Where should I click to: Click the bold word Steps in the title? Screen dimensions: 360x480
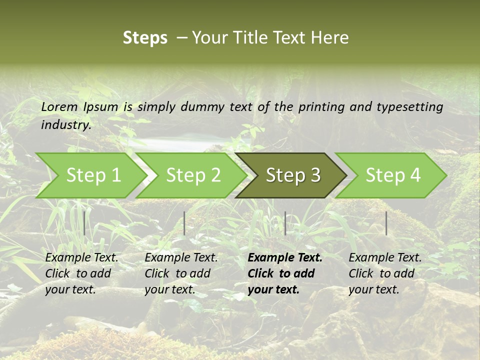pyautogui.click(x=145, y=38)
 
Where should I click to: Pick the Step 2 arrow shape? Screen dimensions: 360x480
pyautogui.click(x=193, y=175)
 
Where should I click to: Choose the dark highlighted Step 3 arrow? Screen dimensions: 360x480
pyautogui.click(x=293, y=175)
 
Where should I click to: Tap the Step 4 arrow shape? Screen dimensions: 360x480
pyautogui.click(x=393, y=175)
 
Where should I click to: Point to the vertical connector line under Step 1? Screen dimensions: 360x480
pyautogui.click(x=84, y=223)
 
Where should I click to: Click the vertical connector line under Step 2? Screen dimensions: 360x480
pyautogui.click(x=184, y=223)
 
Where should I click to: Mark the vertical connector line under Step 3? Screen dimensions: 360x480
pyautogui.click(x=285, y=223)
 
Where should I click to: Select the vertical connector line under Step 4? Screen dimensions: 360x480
pyautogui.click(x=386, y=223)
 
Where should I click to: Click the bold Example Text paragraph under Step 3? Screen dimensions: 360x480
pyautogui.click(x=284, y=273)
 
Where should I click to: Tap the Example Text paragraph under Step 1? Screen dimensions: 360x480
pyautogui.click(x=81, y=273)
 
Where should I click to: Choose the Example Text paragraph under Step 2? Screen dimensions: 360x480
pyautogui.click(x=181, y=273)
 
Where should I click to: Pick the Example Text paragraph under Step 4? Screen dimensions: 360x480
pyautogui.click(x=384, y=273)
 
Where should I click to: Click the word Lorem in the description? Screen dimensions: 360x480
pyautogui.click(x=59, y=106)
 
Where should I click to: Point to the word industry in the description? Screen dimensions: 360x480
pyautogui.click(x=65, y=124)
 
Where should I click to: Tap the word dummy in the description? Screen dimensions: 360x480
pyautogui.click(x=203, y=107)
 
